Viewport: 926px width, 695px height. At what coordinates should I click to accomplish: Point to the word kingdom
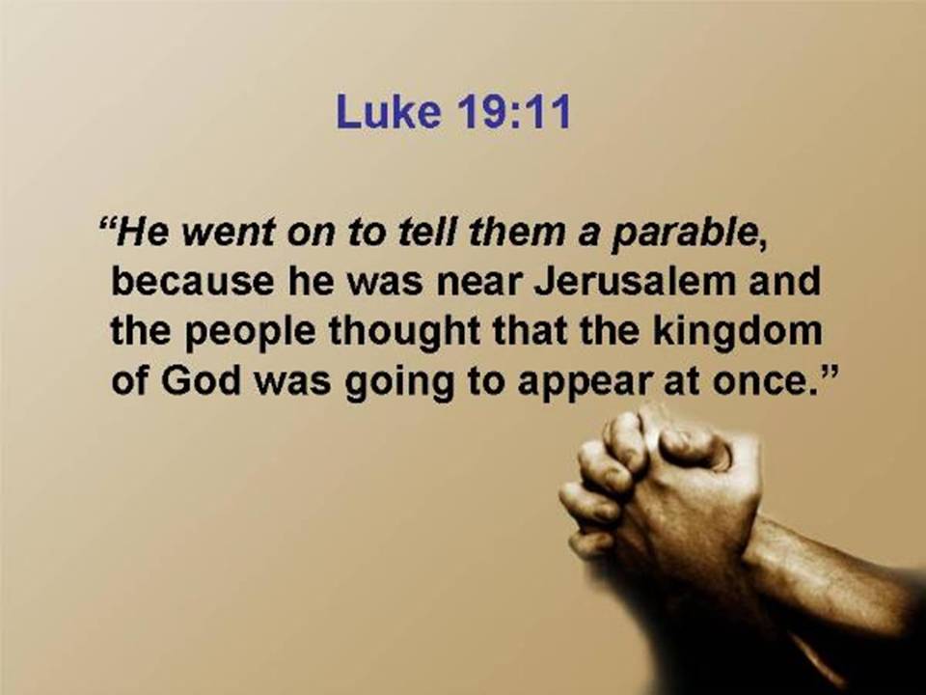click(737, 332)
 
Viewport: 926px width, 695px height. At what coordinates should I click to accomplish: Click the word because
click(192, 282)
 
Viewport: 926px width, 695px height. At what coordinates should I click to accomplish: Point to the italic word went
click(228, 232)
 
